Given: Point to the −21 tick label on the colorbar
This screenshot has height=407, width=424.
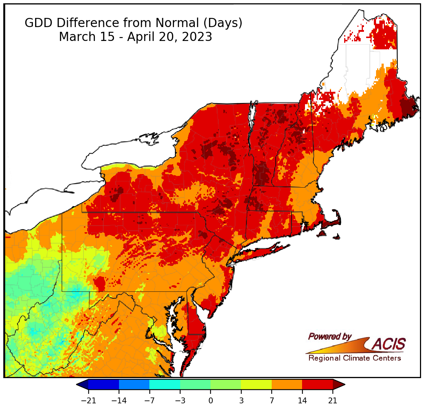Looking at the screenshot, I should click(x=88, y=401).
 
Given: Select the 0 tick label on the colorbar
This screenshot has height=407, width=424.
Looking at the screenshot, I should click(x=211, y=401).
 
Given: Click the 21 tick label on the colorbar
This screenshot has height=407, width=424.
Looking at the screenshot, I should click(x=332, y=401).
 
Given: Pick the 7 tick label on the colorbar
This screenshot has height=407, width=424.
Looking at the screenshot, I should click(x=272, y=401).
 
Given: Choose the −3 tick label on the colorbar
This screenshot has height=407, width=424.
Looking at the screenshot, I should click(x=180, y=401).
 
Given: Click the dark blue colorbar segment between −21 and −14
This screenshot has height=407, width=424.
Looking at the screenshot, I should click(x=104, y=385).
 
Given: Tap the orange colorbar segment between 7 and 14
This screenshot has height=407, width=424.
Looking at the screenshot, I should click(x=287, y=385).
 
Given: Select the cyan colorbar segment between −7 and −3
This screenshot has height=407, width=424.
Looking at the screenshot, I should click(x=165, y=385).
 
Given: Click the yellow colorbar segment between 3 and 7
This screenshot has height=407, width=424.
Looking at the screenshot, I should click(x=256, y=385).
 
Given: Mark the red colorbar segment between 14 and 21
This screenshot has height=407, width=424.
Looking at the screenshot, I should click(x=317, y=385).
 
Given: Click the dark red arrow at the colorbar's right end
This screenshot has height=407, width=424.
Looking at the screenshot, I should click(x=339, y=385).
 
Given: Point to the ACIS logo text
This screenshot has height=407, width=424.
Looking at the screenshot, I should click(x=389, y=344).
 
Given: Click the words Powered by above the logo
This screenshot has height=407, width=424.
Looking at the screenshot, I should click(x=330, y=336).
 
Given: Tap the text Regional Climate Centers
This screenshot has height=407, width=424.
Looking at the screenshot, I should click(x=354, y=358).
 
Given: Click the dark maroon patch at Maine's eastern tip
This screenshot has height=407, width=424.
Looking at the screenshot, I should click(x=409, y=107).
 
